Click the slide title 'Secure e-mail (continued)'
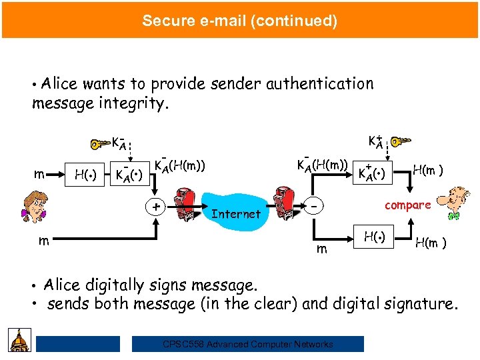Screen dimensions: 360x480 coord(239,20)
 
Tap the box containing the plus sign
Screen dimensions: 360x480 coord(156,207)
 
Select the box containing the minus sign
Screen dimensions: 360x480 coord(314,207)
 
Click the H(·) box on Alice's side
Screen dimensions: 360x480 coord(85,176)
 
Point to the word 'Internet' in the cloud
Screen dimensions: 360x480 coord(235,214)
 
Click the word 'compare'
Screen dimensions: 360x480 coord(407,205)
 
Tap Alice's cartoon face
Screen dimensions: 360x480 coord(34,205)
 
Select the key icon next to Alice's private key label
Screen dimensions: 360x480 coord(98,143)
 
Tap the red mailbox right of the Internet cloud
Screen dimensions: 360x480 coord(283,204)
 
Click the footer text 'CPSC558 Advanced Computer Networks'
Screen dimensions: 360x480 coord(247,344)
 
